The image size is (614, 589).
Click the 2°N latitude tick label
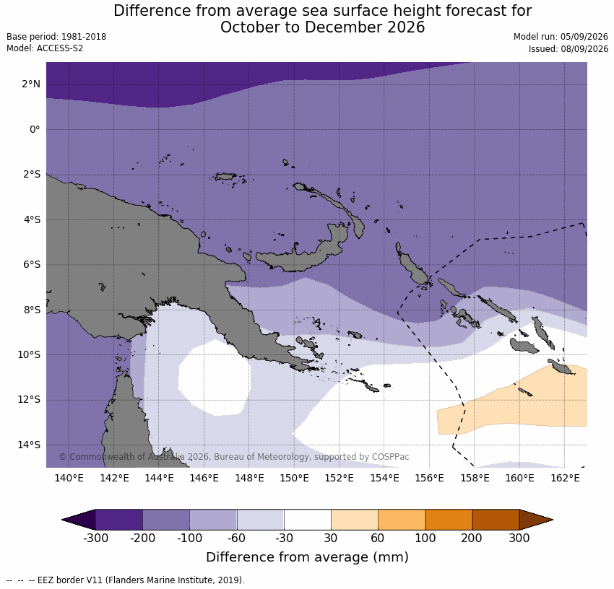(31, 84)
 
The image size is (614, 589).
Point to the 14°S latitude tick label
(31, 445)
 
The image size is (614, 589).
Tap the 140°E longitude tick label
(69, 478)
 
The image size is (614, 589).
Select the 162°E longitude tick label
(565, 478)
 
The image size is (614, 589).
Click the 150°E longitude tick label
(295, 478)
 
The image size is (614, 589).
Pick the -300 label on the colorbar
(95, 538)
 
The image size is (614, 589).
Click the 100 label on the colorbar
(425, 538)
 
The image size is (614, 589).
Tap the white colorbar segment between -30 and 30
(308, 520)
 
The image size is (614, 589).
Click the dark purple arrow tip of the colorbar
(79, 520)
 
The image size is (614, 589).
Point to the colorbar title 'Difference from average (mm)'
(308, 557)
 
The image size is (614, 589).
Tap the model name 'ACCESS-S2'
(60, 48)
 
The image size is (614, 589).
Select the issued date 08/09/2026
(584, 49)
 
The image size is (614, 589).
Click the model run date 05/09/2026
(584, 37)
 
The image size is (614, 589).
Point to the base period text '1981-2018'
(84, 37)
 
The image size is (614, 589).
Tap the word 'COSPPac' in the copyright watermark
(390, 457)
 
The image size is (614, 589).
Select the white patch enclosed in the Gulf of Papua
(214, 378)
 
